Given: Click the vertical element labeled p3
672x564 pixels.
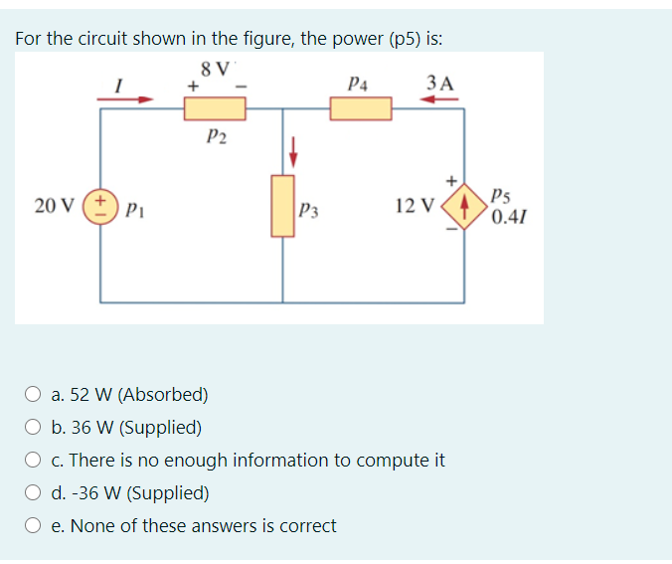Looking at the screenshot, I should [282, 206].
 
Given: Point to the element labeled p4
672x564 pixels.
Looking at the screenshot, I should [361, 107].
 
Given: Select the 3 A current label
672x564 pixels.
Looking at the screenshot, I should [437, 82].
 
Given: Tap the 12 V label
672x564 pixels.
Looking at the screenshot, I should [414, 207].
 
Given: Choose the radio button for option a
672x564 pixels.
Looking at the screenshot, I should [33, 395].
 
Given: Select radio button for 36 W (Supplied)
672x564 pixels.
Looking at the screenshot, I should [33, 428].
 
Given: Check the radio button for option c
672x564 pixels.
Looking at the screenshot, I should [33, 461].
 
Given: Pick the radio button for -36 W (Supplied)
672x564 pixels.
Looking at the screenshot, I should [33, 493].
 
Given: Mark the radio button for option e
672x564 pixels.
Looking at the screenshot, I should [33, 525].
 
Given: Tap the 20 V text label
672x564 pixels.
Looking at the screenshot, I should [52, 206].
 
